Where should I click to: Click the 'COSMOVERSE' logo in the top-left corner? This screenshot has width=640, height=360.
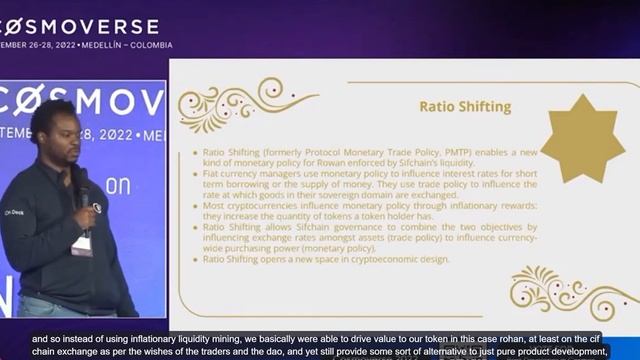[x=80, y=25]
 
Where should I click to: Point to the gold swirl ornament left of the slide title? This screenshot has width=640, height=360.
[x=245, y=105]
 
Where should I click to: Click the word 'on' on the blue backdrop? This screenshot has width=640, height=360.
[x=119, y=187]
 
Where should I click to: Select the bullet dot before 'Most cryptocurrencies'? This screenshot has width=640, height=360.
[x=194, y=206]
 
